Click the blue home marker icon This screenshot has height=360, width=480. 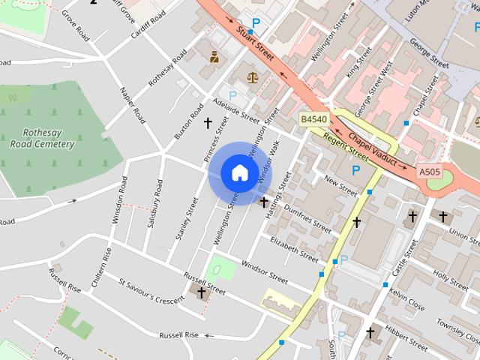tap(239, 172)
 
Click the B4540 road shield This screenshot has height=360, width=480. tap(314, 120)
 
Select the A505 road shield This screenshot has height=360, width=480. tap(430, 172)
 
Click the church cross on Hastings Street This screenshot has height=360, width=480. tap(264, 202)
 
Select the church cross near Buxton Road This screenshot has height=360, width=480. tap(208, 121)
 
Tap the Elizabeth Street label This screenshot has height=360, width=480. tap(294, 249)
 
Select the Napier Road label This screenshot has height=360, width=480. tap(133, 104)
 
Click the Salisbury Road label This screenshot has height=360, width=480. tap(155, 203)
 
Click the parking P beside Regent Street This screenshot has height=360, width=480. tap(356, 171)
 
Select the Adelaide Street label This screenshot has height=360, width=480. tap(235, 111)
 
